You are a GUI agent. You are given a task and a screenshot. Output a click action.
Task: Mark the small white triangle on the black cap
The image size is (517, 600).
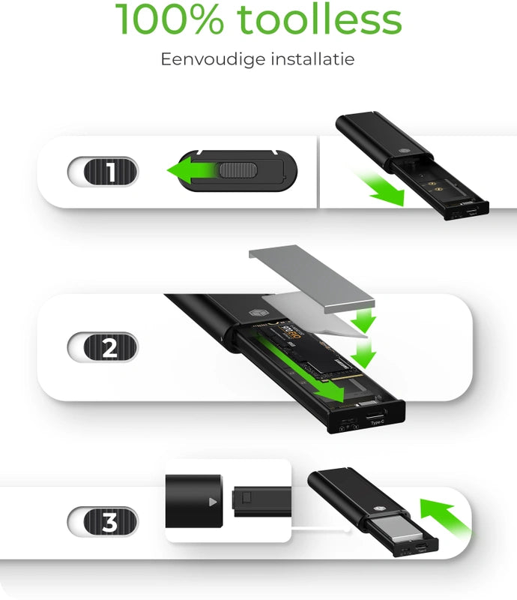[213, 501]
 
